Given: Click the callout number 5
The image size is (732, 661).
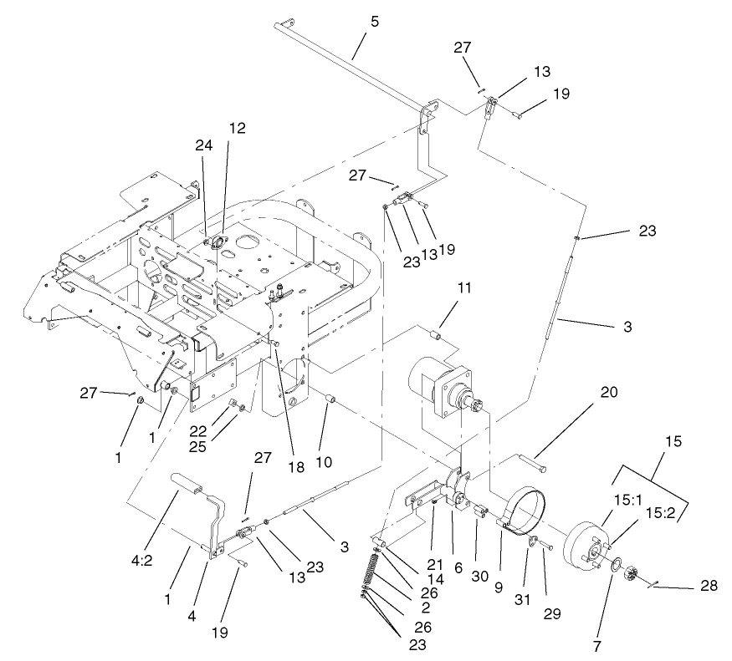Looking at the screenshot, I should (x=375, y=21).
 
